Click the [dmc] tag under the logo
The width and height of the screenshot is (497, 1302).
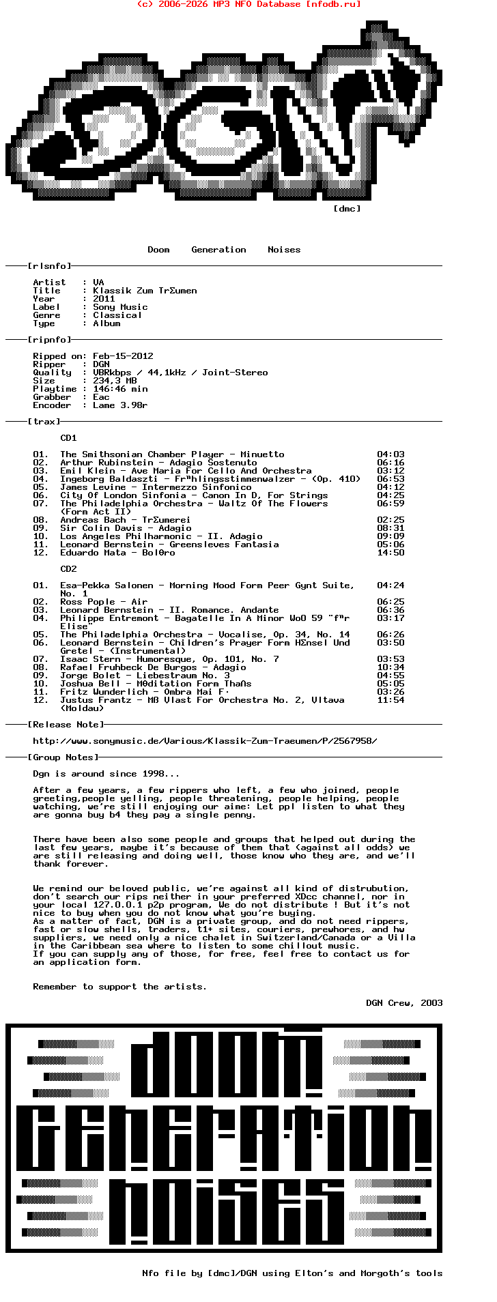347,209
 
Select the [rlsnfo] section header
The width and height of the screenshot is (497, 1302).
49,266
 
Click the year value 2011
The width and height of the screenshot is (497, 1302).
104,299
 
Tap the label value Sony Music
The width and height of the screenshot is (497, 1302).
120,307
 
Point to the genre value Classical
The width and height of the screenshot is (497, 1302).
117,315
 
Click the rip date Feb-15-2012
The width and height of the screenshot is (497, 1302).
123,356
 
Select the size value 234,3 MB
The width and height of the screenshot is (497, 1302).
115,381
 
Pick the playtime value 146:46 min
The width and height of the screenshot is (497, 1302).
120,389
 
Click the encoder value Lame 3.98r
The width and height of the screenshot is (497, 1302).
120,405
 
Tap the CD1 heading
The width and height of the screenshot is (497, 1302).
68,438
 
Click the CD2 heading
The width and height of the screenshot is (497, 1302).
68,569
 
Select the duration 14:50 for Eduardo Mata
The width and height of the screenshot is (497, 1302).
390,553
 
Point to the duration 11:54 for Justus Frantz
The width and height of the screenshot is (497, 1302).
390,700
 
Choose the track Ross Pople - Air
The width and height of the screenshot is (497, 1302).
104,602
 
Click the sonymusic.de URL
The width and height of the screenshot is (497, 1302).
205,741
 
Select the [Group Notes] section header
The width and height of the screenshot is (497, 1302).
63,757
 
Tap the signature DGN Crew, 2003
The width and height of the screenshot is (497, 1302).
404,1003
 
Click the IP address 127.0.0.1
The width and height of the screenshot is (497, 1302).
117,905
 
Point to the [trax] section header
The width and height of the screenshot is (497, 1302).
44,422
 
